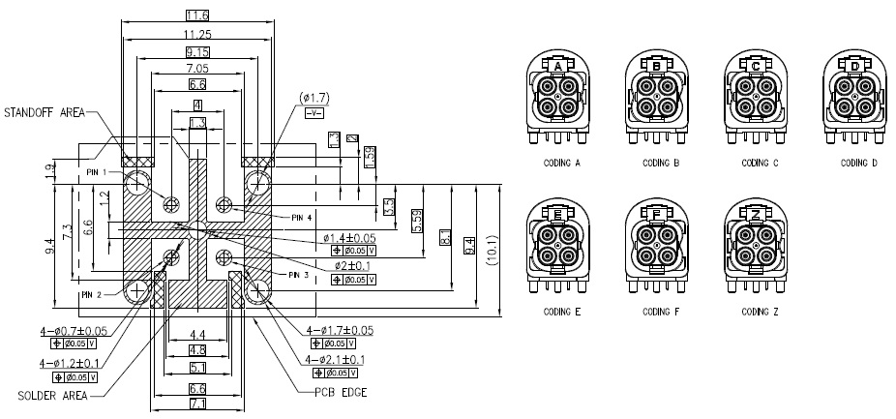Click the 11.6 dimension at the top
click(x=197, y=15)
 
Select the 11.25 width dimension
click(x=197, y=33)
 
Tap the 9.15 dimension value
click(x=197, y=50)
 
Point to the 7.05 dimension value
click(x=197, y=69)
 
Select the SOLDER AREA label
click(x=52, y=395)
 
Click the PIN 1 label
click(x=96, y=172)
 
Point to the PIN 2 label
click(x=91, y=295)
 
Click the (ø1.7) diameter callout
click(x=315, y=99)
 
